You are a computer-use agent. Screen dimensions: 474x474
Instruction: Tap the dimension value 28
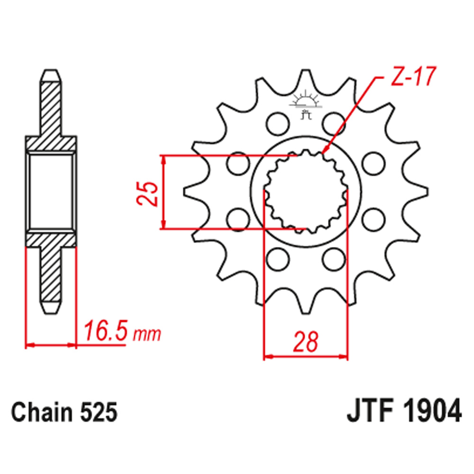coord(305,342)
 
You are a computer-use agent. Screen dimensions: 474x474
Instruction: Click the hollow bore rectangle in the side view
coord(50,192)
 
